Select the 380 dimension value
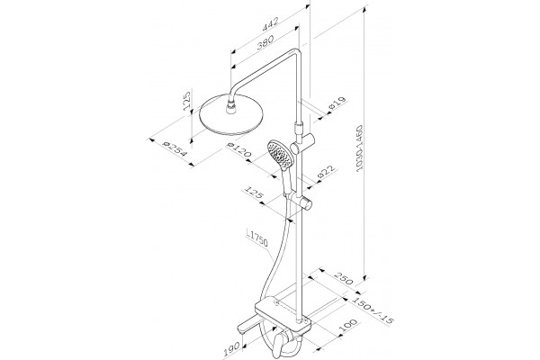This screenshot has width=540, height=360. coord(265,42)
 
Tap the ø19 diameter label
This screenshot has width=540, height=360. coord(337,103)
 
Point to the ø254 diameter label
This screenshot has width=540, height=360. coord(175,148)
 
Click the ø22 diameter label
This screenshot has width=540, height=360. coord(326,171)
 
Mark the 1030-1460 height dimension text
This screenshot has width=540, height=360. coord(359,148)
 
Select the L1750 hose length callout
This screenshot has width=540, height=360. coord(257,238)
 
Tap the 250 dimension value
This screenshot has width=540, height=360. coord(345,279)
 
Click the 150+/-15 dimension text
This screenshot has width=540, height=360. coord(373,311)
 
